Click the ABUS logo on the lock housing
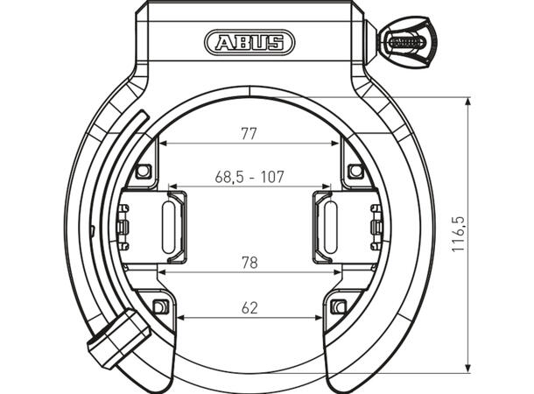click(x=249, y=43)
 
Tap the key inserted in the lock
click(x=407, y=42)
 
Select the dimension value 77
click(x=249, y=134)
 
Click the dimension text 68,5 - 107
click(x=249, y=177)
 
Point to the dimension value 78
click(x=249, y=263)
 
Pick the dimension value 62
click(x=249, y=308)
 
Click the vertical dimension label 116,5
click(x=459, y=235)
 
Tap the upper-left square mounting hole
click(x=144, y=171)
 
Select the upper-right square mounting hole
click(x=355, y=171)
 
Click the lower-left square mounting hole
click(x=159, y=306)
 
